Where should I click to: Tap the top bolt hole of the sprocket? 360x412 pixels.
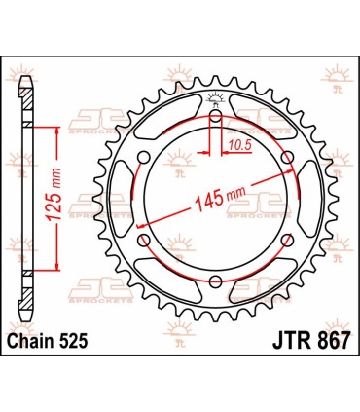coord(215,118)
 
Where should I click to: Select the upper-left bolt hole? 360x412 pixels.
coord(144,159)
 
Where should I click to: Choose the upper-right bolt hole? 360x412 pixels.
coord(287,159)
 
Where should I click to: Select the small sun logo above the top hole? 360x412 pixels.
coord(215,98)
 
